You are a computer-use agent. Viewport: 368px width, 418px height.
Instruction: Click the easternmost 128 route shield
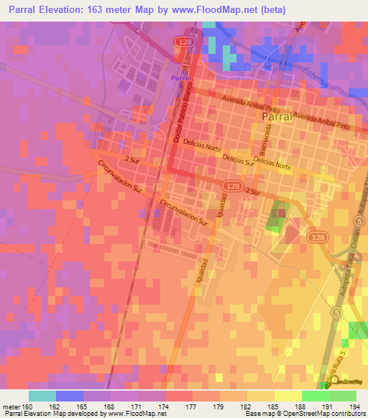point(317,236)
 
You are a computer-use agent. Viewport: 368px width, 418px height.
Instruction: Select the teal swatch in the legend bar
point(42,395)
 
